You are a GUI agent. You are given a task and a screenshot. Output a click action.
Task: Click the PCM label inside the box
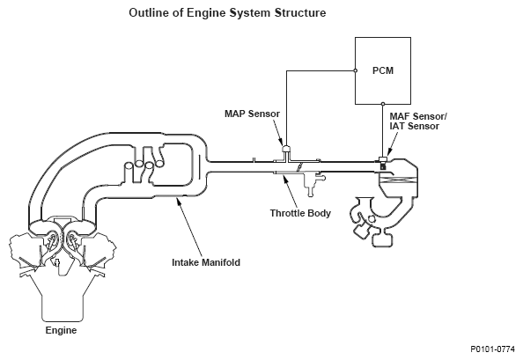[x=383, y=70]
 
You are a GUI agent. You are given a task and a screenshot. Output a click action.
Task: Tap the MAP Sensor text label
[x=252, y=114]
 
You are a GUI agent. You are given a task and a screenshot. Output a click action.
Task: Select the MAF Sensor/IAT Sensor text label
[x=418, y=121]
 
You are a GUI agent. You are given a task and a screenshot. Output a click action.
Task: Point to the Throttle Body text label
[x=300, y=213]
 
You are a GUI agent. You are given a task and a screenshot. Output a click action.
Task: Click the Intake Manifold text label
[x=206, y=262]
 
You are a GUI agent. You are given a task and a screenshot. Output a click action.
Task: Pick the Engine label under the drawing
[x=61, y=330]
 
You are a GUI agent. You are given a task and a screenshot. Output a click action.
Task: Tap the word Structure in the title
[x=300, y=12]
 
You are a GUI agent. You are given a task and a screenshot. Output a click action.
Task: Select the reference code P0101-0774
[x=493, y=349]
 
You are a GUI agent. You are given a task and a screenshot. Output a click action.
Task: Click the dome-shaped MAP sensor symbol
[x=286, y=149]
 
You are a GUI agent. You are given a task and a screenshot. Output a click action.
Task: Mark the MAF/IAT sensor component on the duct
[x=383, y=162]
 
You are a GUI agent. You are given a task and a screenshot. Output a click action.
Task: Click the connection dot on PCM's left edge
[x=355, y=70]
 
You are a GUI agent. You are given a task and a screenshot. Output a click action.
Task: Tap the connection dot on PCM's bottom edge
[x=383, y=104]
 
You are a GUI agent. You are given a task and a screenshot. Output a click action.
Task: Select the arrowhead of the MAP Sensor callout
[x=282, y=142]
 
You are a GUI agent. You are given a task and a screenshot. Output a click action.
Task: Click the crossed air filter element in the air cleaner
[x=398, y=180]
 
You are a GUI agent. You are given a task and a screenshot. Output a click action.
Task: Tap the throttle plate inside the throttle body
[x=299, y=167]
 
